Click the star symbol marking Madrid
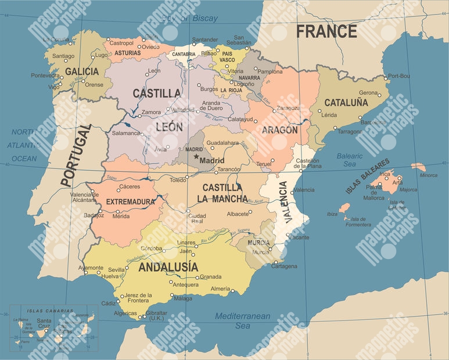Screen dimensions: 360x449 (x=196, y=157)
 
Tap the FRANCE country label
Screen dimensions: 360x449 (x=326, y=31)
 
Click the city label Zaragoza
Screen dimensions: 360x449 (x=288, y=108)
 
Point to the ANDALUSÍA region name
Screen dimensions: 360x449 (x=168, y=267)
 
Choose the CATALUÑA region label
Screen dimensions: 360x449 (x=346, y=103)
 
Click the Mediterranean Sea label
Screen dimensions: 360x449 (x=242, y=321)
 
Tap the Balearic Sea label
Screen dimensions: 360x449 (x=350, y=160)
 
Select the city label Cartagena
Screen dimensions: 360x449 (x=284, y=267)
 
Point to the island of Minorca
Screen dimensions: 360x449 (x=418, y=167)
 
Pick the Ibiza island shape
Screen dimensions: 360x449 (x=344, y=207)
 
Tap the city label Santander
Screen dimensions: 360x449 (x=204, y=40)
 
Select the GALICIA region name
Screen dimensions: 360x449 (x=81, y=71)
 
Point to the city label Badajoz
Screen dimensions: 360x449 (x=94, y=215)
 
